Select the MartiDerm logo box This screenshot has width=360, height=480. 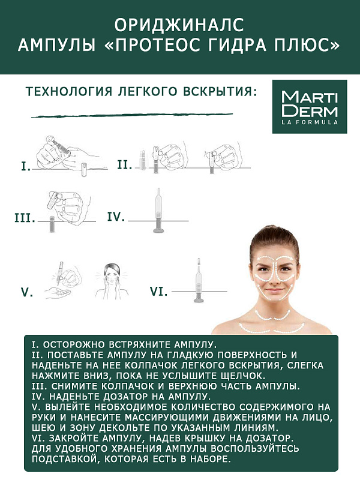coord(310,107)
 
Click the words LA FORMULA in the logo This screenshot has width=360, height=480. coord(310,122)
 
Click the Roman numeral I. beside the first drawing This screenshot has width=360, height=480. coord(26,166)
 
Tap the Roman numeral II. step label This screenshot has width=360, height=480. coord(125,164)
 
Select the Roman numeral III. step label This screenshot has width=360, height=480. coord(25,218)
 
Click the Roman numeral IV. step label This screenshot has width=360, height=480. coord(116,217)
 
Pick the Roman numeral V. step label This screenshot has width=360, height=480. coord(27,292)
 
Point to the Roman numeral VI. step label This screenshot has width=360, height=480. coord(158,291)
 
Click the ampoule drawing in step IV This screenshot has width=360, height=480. coord(158,211)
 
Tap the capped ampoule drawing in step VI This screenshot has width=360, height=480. coord(199,280)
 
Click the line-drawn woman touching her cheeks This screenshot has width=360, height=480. coord(112,281)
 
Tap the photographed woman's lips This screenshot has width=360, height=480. coord(274,290)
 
